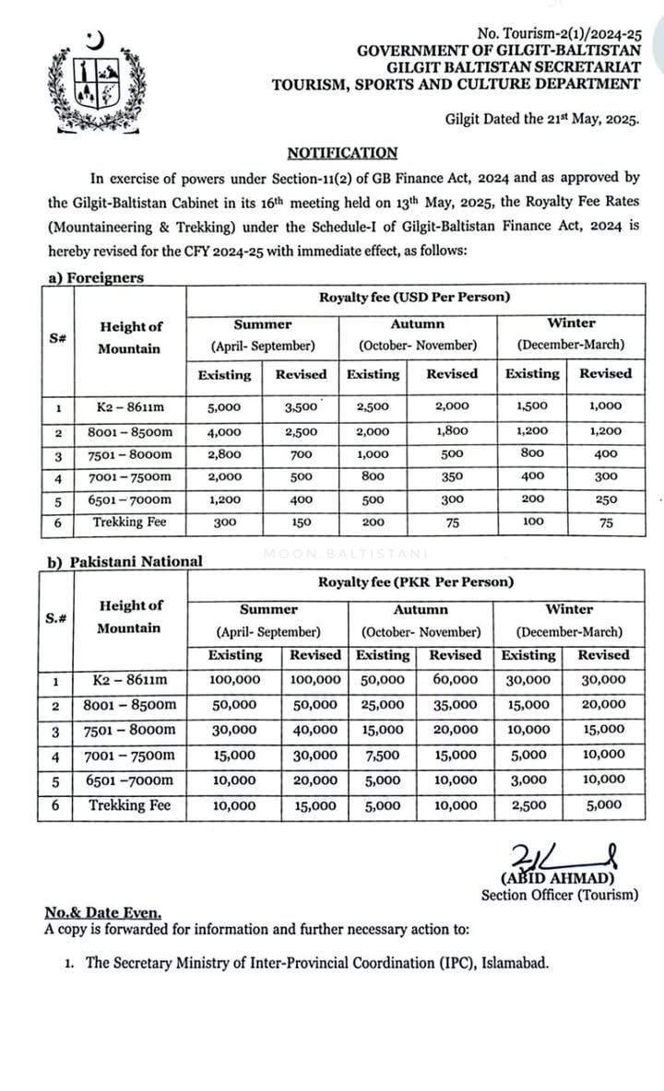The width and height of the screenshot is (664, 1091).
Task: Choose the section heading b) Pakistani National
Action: tap(124, 561)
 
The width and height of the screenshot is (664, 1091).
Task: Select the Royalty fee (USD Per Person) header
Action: tap(414, 297)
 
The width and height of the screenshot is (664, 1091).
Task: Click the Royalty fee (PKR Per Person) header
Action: tap(414, 582)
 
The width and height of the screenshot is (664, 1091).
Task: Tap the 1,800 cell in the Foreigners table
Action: tap(452, 430)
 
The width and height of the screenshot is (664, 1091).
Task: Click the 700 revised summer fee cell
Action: tap(301, 453)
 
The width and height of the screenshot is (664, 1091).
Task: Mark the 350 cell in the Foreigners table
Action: tap(452, 476)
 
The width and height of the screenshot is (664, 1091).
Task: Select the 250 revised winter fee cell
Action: tap(605, 499)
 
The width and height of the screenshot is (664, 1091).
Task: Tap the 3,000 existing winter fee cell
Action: tap(529, 780)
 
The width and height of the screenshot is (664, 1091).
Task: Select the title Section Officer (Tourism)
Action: tap(559, 894)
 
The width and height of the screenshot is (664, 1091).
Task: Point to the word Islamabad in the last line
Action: tap(516, 964)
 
